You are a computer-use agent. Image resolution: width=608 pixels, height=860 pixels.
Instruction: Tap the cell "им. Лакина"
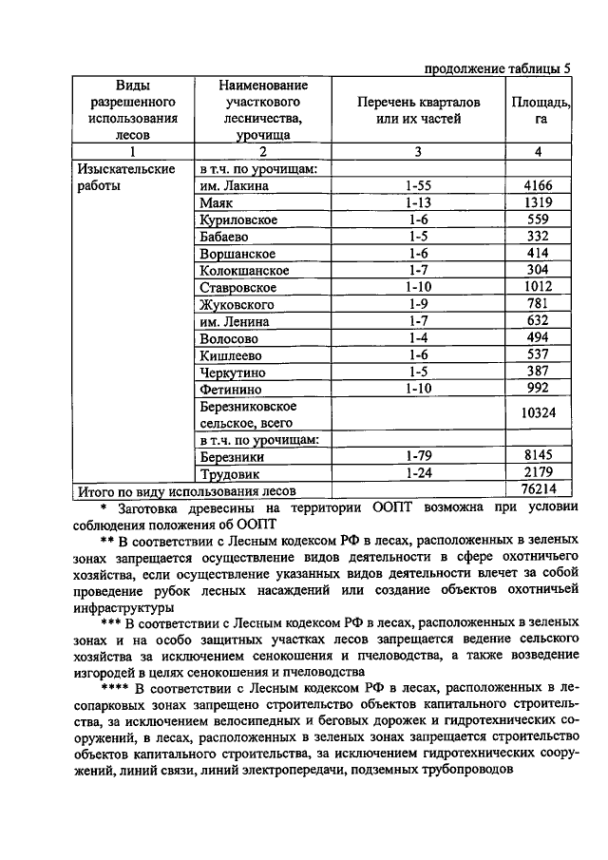(x=235, y=186)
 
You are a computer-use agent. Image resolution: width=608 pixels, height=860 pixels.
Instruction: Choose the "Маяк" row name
(x=218, y=203)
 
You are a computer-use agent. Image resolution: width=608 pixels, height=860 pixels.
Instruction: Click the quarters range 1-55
(x=418, y=186)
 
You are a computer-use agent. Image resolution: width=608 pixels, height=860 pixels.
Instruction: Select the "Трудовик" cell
(x=230, y=473)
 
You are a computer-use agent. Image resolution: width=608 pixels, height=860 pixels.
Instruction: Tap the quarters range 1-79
(x=418, y=455)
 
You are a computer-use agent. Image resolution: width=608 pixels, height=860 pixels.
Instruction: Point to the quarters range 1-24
(x=418, y=472)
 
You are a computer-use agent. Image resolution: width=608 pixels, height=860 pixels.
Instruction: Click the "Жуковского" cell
(x=237, y=305)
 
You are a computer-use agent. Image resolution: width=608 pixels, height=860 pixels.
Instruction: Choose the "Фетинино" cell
(x=232, y=390)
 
